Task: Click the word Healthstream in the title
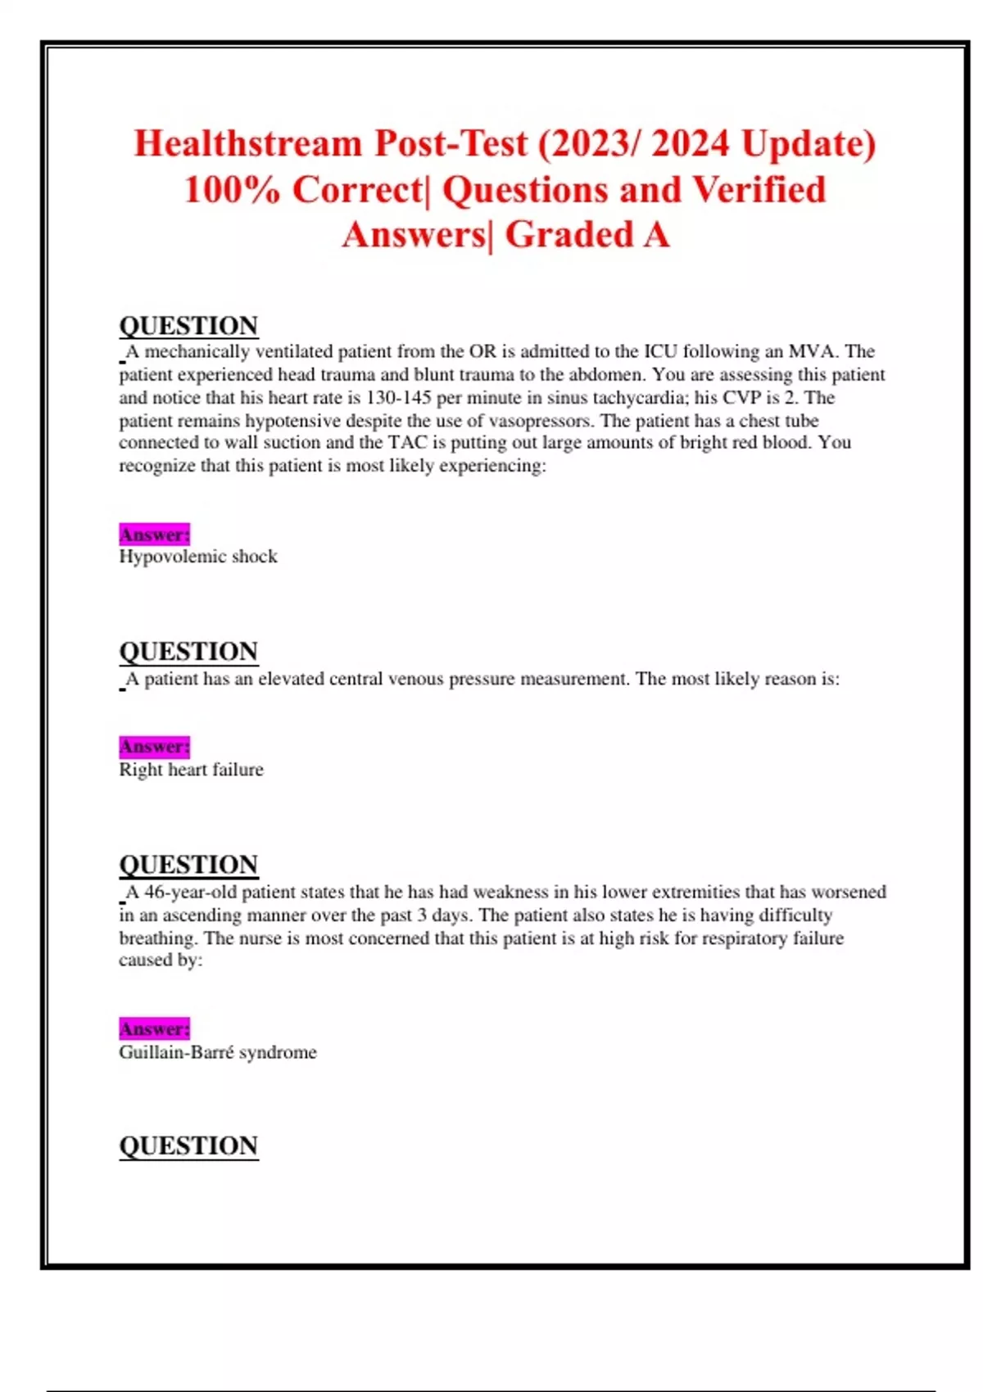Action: pos(248,144)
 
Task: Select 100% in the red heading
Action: pos(232,190)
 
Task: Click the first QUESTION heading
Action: pos(188,326)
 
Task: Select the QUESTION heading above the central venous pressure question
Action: pos(188,652)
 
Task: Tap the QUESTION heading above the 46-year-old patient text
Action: pos(188,865)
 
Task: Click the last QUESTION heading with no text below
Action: pos(188,1146)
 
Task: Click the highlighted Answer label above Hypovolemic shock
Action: pos(154,535)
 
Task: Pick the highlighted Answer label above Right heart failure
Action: pos(154,747)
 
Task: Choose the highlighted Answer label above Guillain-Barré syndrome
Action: pos(154,1028)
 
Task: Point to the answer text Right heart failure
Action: pos(191,770)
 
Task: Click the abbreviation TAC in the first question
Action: pos(407,443)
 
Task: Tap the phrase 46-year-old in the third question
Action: pos(191,892)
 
